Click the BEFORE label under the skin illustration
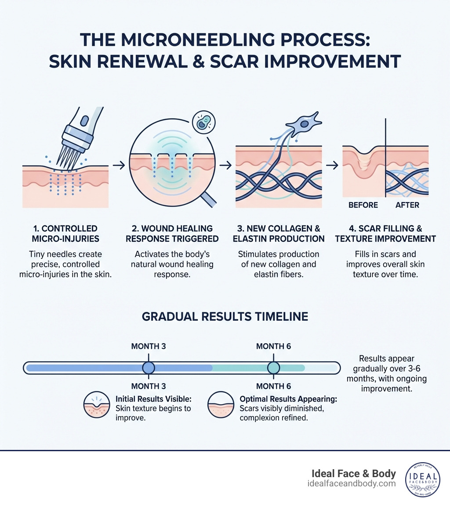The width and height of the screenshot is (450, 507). (363, 205)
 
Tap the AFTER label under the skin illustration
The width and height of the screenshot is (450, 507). (407, 205)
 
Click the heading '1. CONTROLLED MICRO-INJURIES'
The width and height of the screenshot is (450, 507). (65, 234)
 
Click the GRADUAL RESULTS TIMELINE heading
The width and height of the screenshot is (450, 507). (225, 317)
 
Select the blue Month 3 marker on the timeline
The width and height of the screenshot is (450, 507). (149, 368)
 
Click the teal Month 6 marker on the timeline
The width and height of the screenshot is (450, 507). (273, 368)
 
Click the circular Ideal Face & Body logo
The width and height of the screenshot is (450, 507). (423, 480)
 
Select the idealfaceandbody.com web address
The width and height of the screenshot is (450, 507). (352, 484)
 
